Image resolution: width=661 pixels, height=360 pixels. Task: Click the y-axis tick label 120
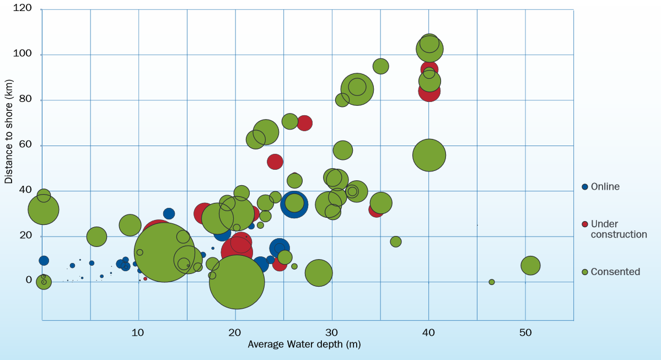tap(23, 9)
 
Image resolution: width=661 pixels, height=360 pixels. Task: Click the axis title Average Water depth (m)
tap(304, 344)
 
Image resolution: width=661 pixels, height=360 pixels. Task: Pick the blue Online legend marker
tap(585, 187)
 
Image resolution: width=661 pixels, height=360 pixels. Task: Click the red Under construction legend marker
tap(585, 224)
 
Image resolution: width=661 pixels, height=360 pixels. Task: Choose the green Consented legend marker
tap(585, 272)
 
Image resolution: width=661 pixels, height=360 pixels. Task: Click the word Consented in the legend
tap(615, 272)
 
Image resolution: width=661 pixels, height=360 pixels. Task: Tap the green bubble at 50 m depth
tap(530, 266)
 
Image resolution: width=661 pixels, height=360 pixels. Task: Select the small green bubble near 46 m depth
tap(492, 282)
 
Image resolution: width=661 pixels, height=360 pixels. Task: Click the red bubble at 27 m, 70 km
tap(304, 123)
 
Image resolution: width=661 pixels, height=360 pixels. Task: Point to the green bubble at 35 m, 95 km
tap(380, 66)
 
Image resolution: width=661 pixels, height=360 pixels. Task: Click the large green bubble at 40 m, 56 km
tap(429, 155)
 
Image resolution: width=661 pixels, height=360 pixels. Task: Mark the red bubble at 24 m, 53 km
tap(275, 162)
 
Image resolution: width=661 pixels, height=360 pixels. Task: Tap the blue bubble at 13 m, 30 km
tap(169, 213)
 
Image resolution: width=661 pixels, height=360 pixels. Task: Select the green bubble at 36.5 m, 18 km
tap(395, 241)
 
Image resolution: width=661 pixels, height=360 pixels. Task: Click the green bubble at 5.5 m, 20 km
tap(96, 237)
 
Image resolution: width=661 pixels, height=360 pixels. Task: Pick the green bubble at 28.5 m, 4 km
tap(318, 273)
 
